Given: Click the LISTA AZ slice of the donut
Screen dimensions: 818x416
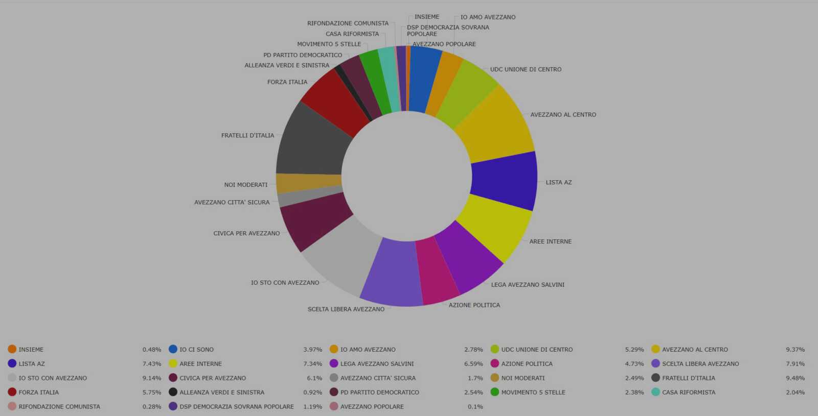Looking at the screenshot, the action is tap(505, 181).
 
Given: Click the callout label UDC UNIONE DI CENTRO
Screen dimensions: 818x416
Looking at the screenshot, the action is tap(526, 69).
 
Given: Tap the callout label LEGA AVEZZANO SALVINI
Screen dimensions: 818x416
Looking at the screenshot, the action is tap(527, 285).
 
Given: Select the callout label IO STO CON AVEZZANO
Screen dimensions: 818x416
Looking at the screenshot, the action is tap(285, 283).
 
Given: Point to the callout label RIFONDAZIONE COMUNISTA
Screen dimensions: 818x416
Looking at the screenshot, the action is tap(348, 23).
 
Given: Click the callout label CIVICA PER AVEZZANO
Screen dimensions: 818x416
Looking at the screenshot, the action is tap(246, 233).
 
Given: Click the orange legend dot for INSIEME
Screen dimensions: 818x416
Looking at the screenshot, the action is tap(12, 349).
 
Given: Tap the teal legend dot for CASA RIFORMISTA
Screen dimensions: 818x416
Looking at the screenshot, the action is tap(655, 392).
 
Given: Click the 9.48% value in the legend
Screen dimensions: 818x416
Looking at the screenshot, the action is tap(795, 378).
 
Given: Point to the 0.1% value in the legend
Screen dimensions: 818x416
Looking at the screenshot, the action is tap(475, 406).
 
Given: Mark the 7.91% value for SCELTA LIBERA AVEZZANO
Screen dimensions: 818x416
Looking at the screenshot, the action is tap(795, 364).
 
